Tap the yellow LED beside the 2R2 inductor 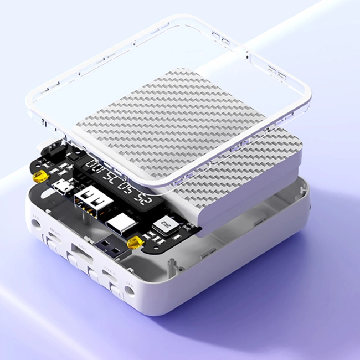(133, 243)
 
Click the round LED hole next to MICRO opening (37, 223)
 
